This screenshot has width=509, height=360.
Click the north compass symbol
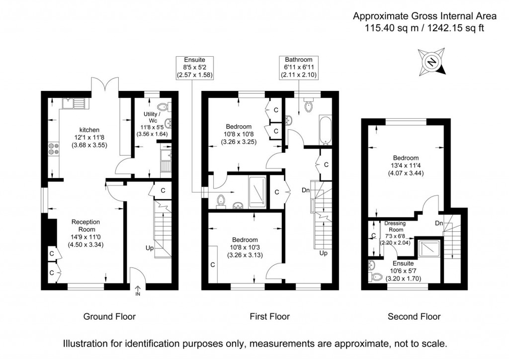pos(432,62)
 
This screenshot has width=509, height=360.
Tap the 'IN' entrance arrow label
pos(138,294)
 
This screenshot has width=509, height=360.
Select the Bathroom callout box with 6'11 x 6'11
pos(298,67)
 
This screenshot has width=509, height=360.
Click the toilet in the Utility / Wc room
pos(164,106)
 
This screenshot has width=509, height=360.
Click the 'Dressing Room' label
pos(395,227)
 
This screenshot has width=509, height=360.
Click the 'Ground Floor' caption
pos(109,316)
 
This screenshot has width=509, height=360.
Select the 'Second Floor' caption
pos(414,316)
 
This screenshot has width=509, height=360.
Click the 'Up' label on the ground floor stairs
pos(150,247)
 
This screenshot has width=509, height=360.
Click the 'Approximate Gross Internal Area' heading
pos(418,16)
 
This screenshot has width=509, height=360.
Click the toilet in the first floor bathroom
pos(308,105)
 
